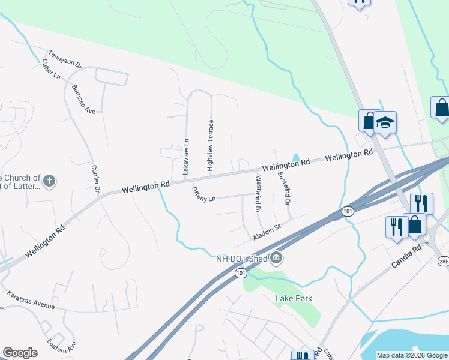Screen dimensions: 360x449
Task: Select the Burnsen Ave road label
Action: (x=83, y=99)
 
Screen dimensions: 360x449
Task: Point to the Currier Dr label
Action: (x=95, y=178)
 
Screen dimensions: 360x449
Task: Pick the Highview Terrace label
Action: (x=211, y=146)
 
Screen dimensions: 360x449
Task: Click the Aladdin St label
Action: (x=267, y=232)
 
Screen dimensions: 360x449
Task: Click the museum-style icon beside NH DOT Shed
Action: (x=276, y=259)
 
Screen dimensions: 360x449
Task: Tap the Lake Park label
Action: (x=294, y=298)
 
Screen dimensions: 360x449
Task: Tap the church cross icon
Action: (x=50, y=180)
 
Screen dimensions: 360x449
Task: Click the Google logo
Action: (x=20, y=353)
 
